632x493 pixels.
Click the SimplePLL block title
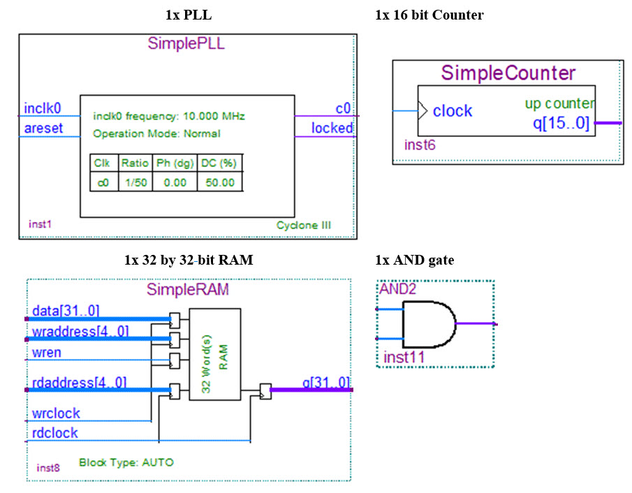coord(186,43)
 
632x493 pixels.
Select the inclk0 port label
coord(43,108)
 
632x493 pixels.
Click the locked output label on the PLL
coord(332,128)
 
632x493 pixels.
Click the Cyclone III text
coord(303,226)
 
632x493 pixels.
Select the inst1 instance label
coord(40,225)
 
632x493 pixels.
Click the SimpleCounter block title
coord(508,73)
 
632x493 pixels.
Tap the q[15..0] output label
coord(562,124)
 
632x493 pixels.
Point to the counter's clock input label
coord(452,111)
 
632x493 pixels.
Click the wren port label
coord(46,352)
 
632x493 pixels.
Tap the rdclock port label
coord(55,433)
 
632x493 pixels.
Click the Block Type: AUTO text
coord(126,462)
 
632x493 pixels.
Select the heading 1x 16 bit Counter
coord(429,15)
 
